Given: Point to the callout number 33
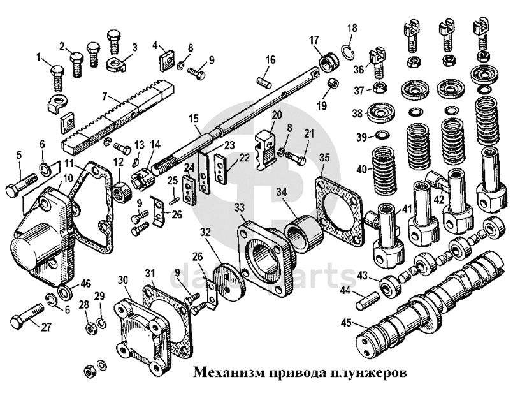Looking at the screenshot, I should [239, 207].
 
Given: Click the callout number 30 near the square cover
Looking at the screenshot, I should [123, 279].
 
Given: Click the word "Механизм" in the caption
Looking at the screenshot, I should [223, 371].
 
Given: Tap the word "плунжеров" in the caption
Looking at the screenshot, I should [372, 371].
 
